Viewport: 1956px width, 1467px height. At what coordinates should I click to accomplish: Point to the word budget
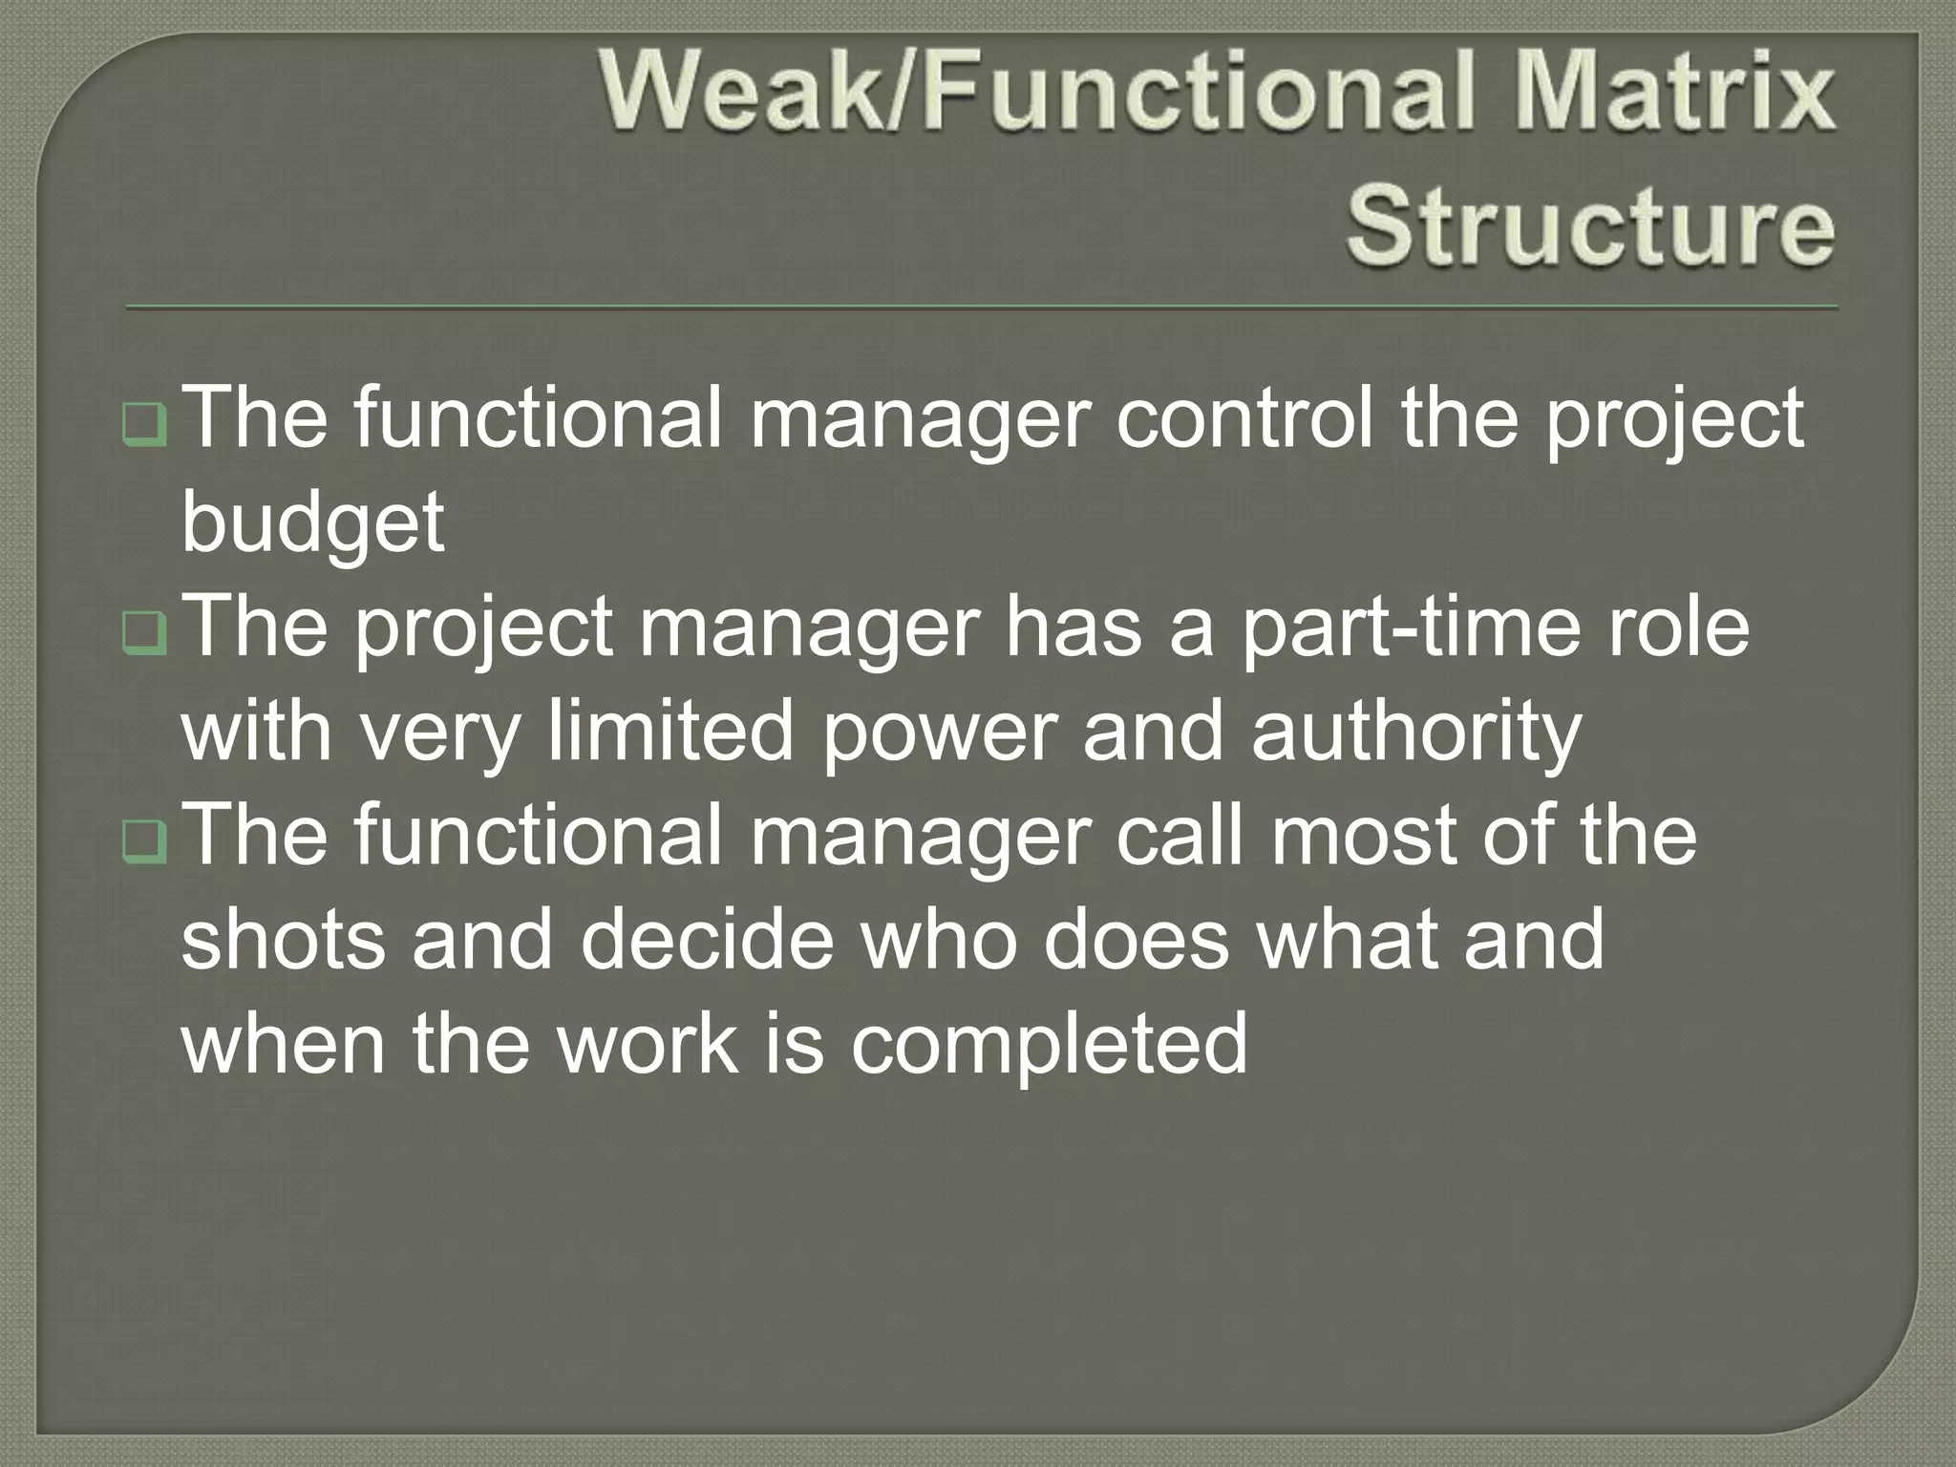[312, 524]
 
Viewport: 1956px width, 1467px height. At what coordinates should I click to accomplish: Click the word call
[1180, 836]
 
